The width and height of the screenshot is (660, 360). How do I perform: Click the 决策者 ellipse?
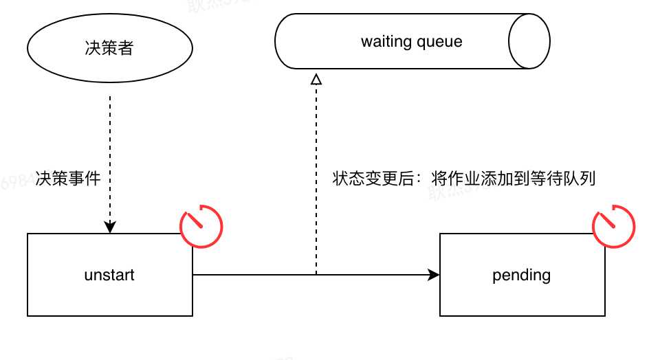(110, 49)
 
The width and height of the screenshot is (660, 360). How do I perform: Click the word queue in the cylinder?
(440, 41)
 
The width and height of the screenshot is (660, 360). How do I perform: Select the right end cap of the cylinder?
(529, 41)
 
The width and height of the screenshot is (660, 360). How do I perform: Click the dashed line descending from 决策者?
(110, 137)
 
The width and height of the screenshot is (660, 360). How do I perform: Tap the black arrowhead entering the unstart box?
(110, 227)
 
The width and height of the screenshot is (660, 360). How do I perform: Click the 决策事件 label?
(68, 179)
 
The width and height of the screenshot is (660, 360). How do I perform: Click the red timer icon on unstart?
(201, 225)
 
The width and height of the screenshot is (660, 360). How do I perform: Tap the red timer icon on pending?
(614, 225)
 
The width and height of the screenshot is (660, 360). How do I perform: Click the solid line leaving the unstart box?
(254, 275)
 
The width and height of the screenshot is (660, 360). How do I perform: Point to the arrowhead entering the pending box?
(433, 275)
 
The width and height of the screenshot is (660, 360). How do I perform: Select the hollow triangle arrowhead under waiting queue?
(316, 79)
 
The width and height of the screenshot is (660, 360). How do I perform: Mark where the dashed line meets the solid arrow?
(316, 275)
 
